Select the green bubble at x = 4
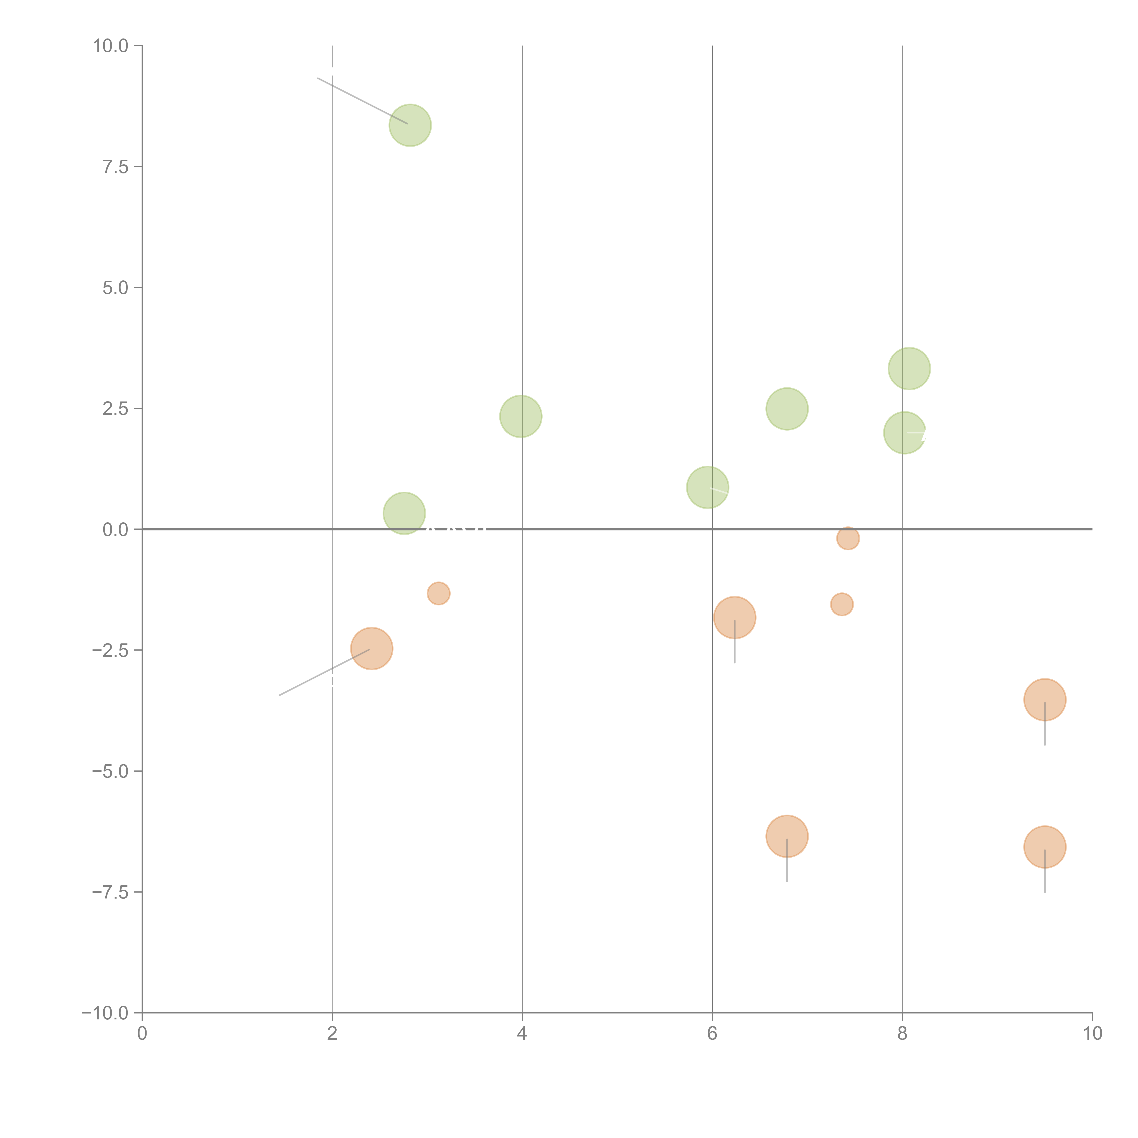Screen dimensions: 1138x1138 click(x=521, y=417)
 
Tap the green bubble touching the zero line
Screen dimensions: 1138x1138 click(x=404, y=513)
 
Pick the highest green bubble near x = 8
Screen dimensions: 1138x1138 click(x=909, y=369)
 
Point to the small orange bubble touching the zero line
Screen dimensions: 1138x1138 click(x=848, y=538)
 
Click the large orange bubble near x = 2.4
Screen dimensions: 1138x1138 click(x=372, y=648)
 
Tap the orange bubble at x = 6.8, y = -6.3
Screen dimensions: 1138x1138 click(x=787, y=836)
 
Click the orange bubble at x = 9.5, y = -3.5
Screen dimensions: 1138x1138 click(x=1045, y=700)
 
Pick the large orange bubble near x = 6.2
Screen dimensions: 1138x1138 click(x=734, y=617)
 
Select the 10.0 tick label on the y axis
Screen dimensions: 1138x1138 click(x=111, y=46)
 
